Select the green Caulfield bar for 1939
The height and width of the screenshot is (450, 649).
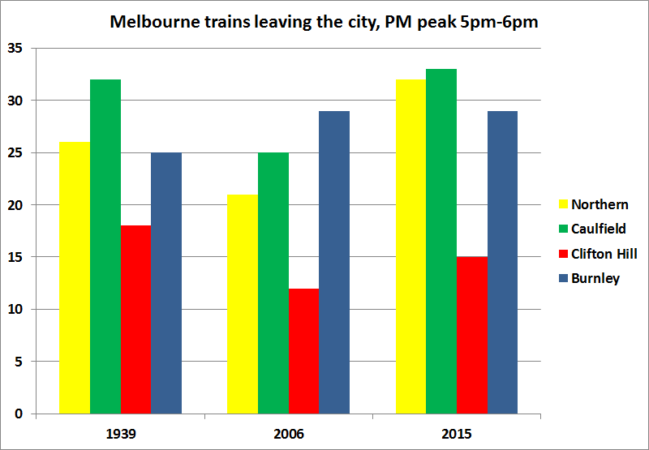[105, 246]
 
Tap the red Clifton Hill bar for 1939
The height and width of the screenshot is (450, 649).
[136, 319]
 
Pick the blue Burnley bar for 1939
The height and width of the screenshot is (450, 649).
[166, 283]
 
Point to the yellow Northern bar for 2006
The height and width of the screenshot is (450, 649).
[243, 304]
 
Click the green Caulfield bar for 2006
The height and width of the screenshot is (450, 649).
[273, 283]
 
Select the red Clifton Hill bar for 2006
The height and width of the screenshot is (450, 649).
[303, 351]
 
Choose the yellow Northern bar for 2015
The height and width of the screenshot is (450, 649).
[410, 246]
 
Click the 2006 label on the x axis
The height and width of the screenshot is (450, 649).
[288, 434]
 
